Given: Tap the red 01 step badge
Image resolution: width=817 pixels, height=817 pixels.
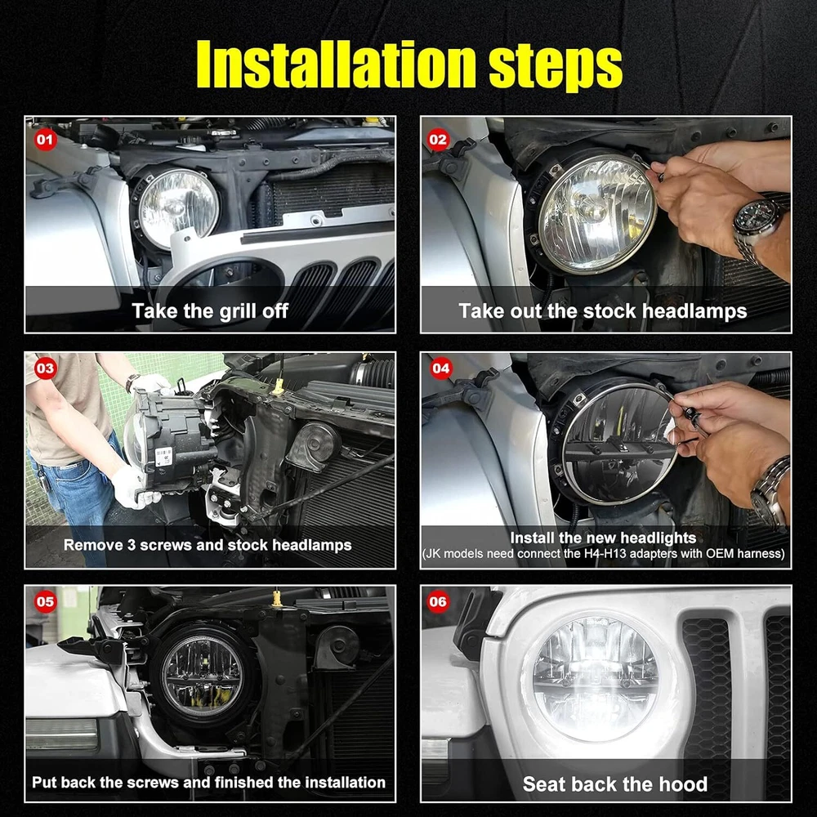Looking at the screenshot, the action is pos(45,140).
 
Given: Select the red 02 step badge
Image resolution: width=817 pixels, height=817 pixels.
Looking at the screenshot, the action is pos(438,140).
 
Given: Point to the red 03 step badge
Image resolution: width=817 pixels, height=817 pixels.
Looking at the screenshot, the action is pos(45,368).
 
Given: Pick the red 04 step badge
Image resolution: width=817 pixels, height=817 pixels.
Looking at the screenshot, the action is pos(440,368).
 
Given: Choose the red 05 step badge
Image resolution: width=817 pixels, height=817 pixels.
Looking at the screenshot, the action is pos(45,602).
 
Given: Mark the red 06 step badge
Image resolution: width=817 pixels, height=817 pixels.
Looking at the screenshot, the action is pos(438,602).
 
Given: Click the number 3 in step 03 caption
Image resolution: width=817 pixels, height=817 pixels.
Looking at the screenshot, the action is pos(132,545).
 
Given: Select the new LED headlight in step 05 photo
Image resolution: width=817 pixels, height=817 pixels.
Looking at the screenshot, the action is pos(202,676).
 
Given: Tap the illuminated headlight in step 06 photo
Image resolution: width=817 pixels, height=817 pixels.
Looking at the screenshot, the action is pos(595,678).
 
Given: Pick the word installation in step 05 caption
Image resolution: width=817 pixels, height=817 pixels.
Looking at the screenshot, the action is pos(345,782).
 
